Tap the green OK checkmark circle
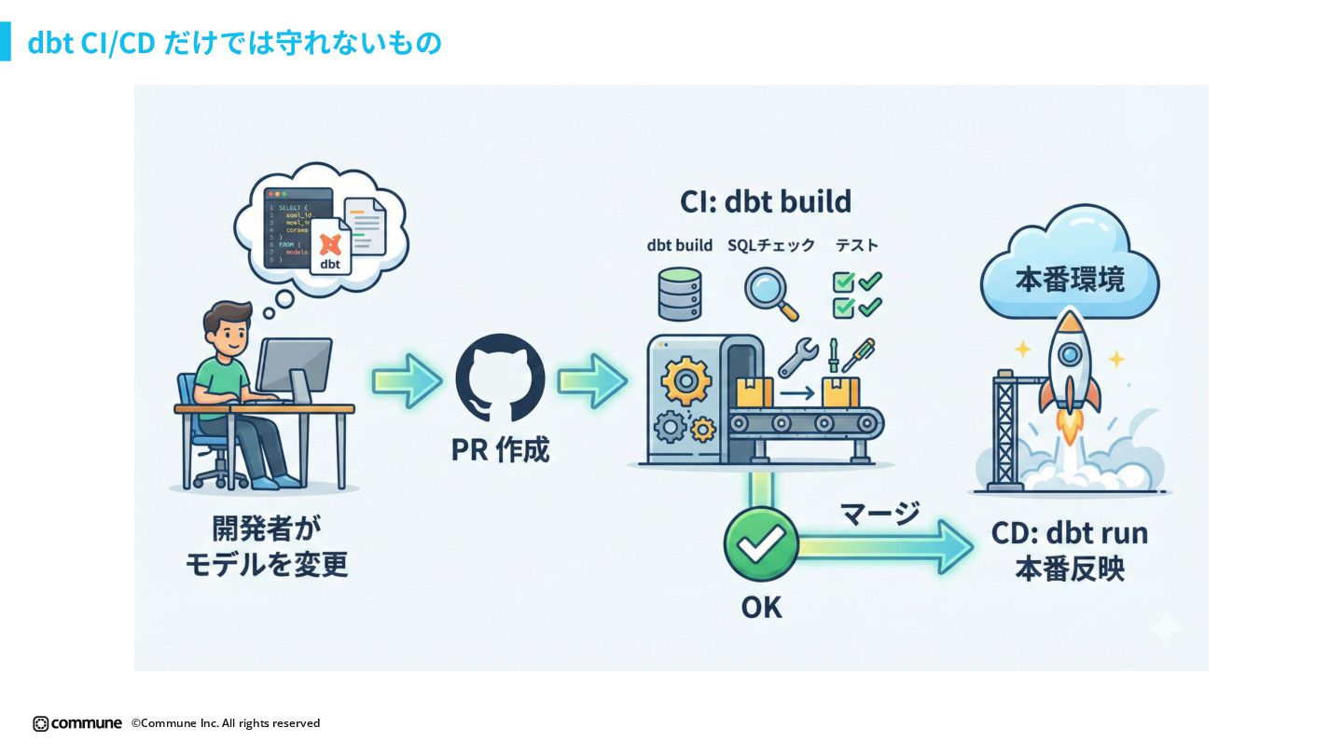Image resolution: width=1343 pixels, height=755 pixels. coord(761,544)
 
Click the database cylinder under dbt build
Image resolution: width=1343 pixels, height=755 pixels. coord(679,293)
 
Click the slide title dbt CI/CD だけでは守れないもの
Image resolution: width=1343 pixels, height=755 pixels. coord(234,43)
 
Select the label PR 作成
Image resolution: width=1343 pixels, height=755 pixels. coord(500,450)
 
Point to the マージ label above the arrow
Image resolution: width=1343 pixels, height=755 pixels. coord(879,513)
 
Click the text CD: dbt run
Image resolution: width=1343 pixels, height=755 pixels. coord(1070,534)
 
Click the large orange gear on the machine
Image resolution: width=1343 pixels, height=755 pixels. coord(685,379)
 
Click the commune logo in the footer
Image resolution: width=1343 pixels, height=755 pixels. coord(77,723)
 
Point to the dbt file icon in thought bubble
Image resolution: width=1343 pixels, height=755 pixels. coord(329,246)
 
